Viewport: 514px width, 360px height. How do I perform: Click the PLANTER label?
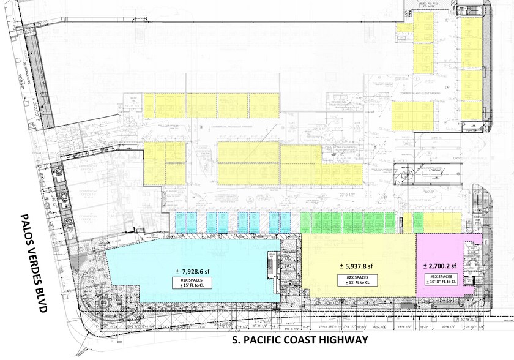[x=472, y=130]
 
